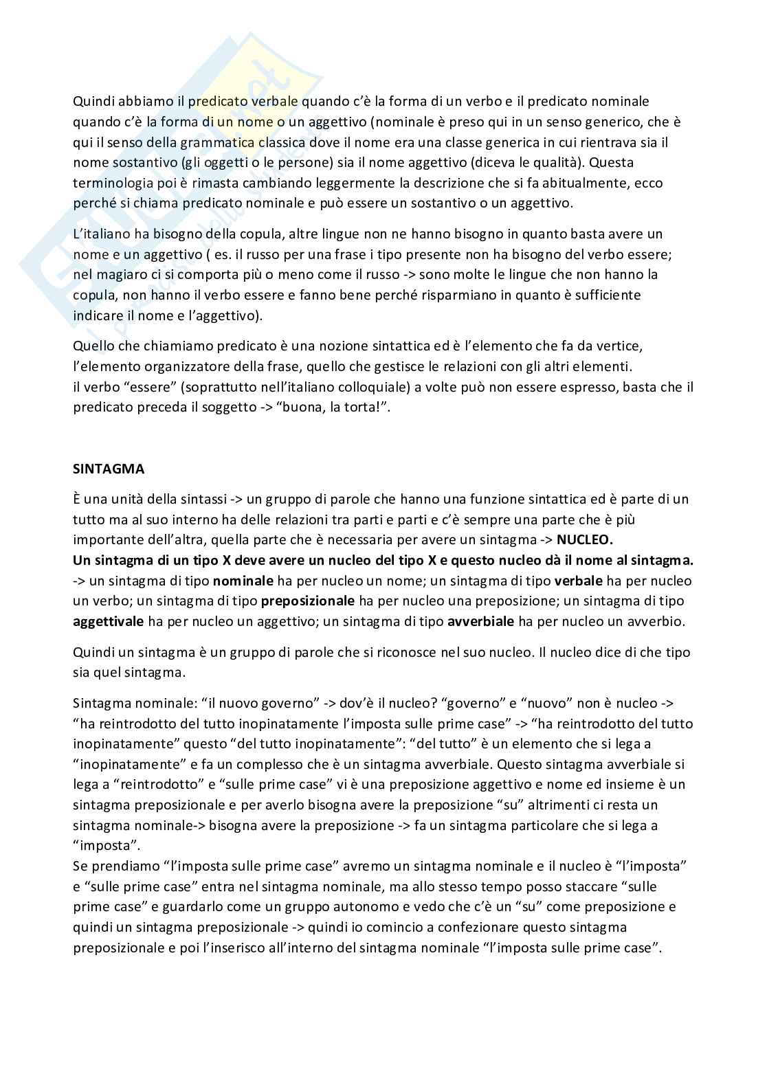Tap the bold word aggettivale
[108, 622]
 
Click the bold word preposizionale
[308, 601]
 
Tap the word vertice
[619, 346]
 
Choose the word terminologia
[112, 183]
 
